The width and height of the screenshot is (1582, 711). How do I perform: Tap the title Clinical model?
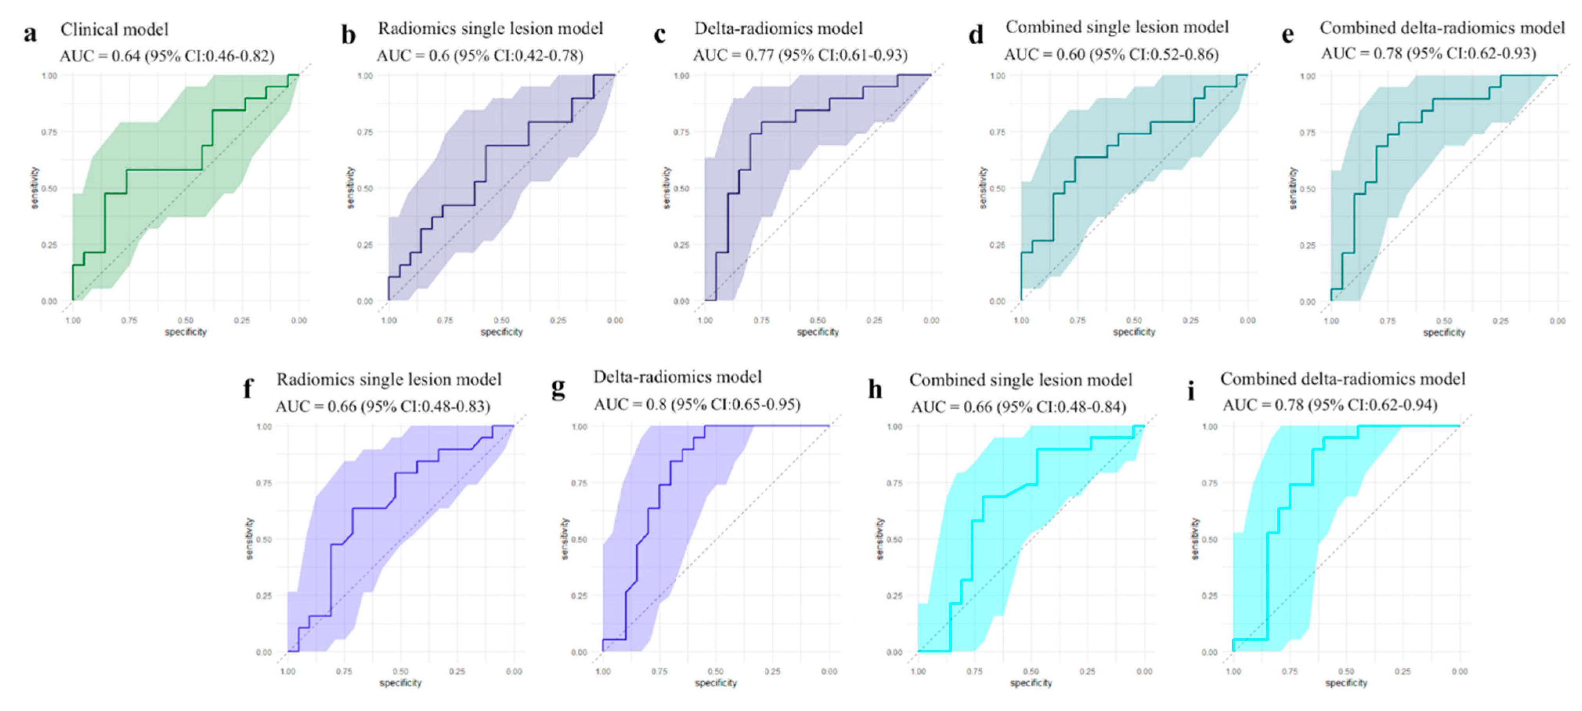[x=114, y=29]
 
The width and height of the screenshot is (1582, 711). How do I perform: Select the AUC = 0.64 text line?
[x=167, y=56]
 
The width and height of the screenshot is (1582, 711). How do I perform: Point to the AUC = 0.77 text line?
[x=800, y=55]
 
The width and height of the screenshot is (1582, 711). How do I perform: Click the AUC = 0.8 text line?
[x=697, y=404]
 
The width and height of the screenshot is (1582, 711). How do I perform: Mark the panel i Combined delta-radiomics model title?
[x=1342, y=379]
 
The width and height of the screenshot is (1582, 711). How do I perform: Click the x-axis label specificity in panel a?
[x=186, y=332]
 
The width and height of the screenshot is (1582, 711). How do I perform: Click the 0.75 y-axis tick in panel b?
[x=365, y=132]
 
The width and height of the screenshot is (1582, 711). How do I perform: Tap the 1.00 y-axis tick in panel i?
[x=1209, y=427]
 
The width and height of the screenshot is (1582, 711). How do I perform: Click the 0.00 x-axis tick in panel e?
[x=1557, y=321]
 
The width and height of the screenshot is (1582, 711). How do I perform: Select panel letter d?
[x=976, y=34]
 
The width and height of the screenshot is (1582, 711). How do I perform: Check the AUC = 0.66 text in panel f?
[x=383, y=406]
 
